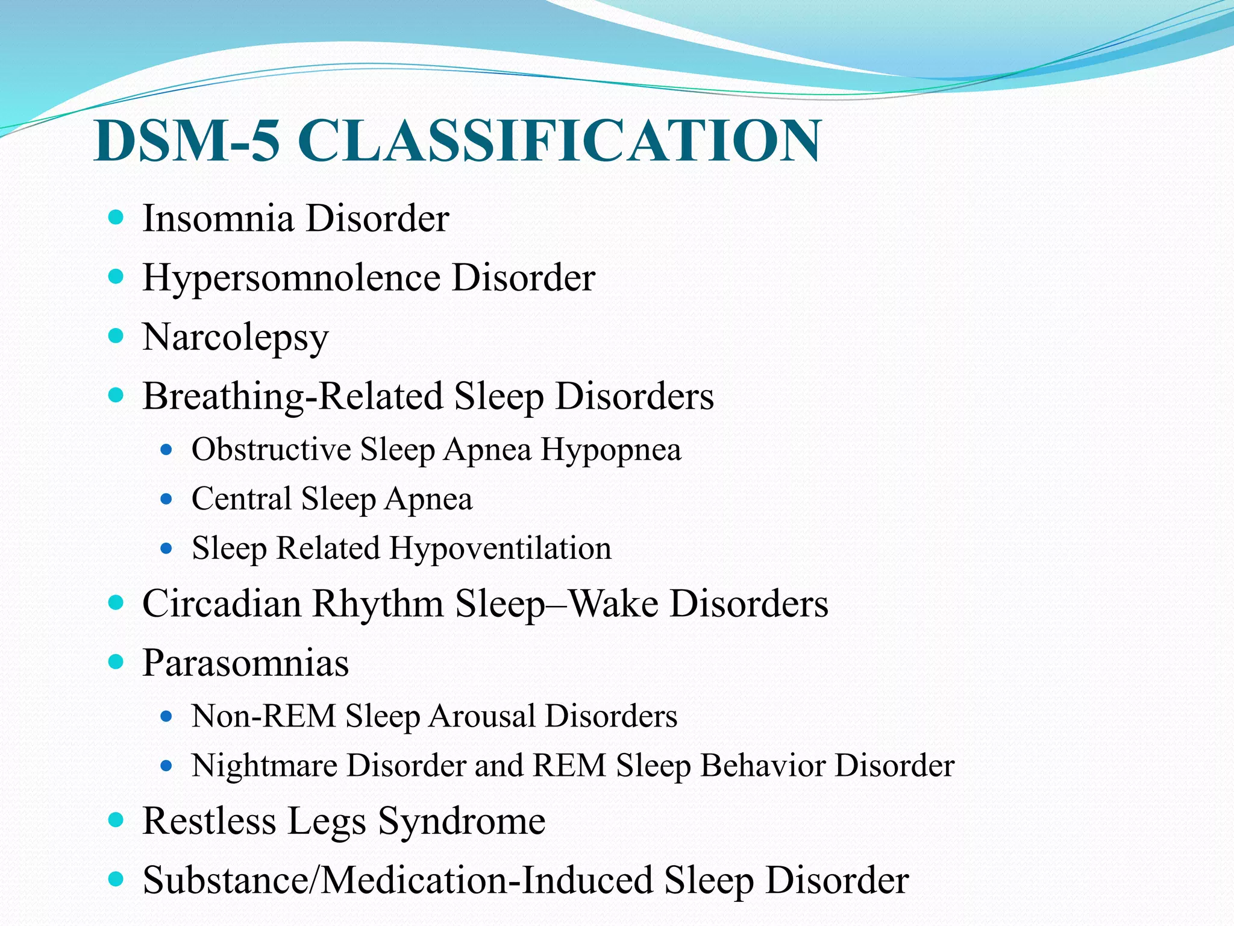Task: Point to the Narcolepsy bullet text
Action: point(236,338)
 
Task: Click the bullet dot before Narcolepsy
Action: point(116,336)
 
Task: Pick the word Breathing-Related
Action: point(292,397)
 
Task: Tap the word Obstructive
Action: point(271,450)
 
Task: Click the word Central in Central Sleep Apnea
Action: point(242,499)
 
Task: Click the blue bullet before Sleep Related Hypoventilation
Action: point(167,549)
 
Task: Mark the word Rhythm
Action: point(378,604)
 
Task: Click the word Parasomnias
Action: point(245,663)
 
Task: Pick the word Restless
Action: point(209,821)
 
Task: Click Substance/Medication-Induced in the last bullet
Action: point(398,880)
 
